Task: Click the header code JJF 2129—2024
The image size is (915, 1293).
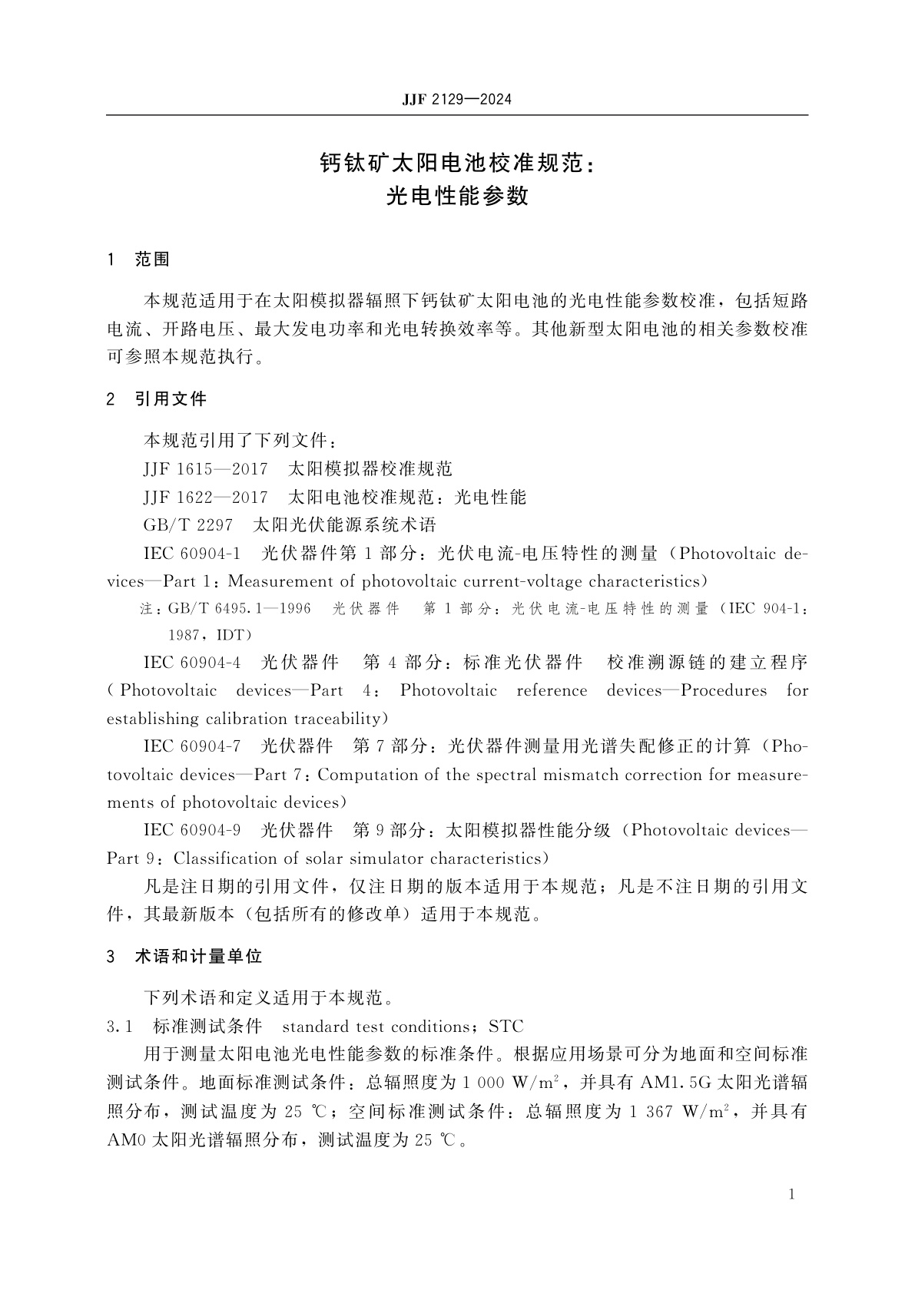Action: (456, 100)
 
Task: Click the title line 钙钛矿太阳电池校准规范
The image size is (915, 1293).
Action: (456, 164)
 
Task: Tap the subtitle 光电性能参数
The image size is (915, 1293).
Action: (456, 197)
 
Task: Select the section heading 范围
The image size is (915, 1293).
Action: (151, 260)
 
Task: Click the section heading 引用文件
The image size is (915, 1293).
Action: (171, 399)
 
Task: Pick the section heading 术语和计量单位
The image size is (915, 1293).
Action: (198, 957)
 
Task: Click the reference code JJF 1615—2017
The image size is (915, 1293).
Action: (205, 469)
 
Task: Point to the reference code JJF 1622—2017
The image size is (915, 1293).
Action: (205, 498)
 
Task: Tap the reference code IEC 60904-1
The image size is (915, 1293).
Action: (192, 554)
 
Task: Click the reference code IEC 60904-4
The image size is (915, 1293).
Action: (192, 663)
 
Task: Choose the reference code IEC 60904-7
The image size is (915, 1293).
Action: (192, 746)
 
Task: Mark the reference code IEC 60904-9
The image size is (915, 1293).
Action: (192, 831)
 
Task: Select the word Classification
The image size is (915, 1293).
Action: (218, 858)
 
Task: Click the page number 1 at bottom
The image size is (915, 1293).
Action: (792, 1195)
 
